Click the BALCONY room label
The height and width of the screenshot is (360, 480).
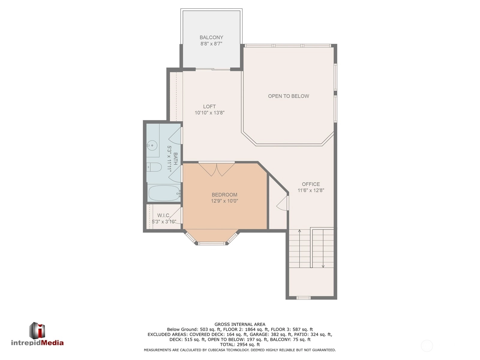coord(211,37)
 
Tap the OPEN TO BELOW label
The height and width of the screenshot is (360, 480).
coord(288,96)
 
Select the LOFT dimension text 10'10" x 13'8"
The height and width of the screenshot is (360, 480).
coord(209,113)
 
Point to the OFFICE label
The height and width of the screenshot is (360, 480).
coord(311,184)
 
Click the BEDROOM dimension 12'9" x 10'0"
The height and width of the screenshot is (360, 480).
coord(224,201)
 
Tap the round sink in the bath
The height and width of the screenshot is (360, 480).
coord(152,145)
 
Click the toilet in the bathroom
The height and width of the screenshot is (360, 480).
coord(154,167)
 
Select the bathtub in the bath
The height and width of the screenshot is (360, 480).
coord(164,193)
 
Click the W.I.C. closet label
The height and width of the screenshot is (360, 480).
coord(163,215)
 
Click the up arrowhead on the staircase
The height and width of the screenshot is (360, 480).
coord(300,231)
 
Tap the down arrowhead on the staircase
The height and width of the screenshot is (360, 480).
coord(323,266)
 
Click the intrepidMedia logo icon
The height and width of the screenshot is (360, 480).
coord(37,331)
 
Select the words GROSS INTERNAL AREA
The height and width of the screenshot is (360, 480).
coord(240,324)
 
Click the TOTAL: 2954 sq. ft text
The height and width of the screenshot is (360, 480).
coord(240,344)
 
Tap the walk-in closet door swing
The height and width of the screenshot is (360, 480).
coord(175,215)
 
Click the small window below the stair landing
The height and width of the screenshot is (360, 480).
coord(304,298)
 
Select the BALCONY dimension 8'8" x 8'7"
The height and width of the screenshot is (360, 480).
coord(211,44)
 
